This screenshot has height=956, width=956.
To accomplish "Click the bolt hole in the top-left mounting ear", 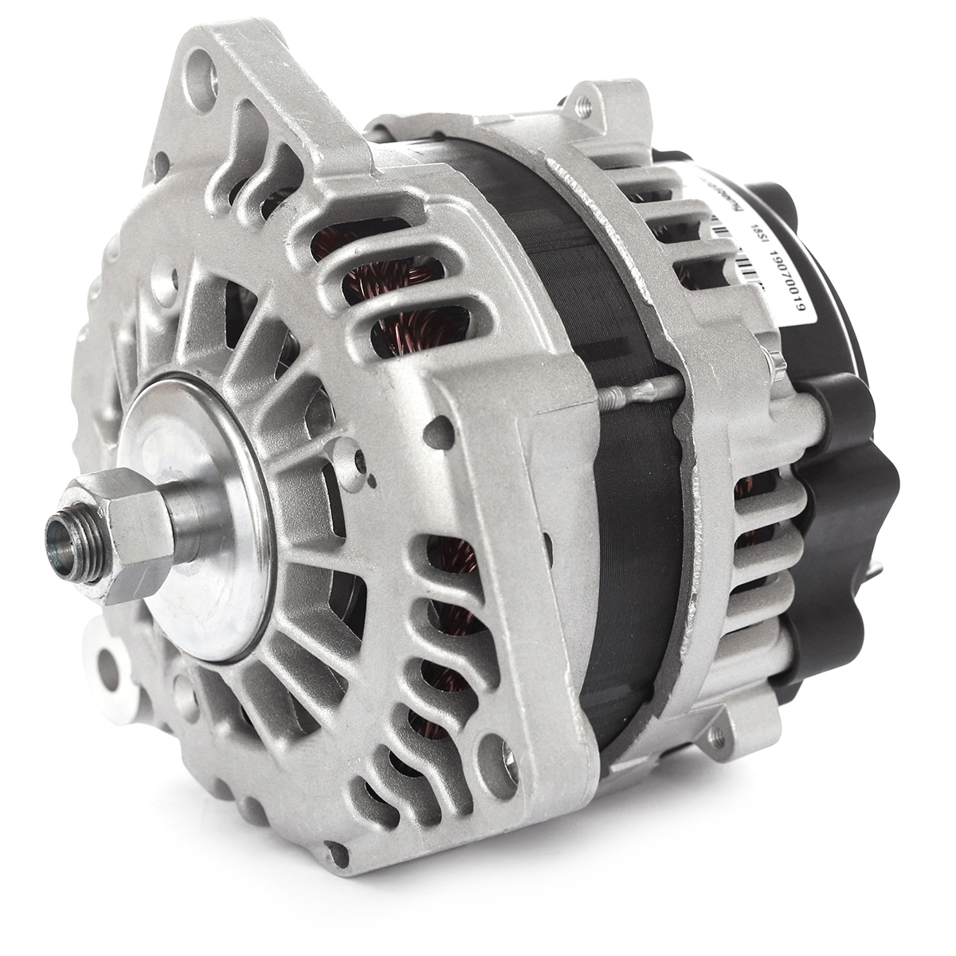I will coord(206,77).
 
